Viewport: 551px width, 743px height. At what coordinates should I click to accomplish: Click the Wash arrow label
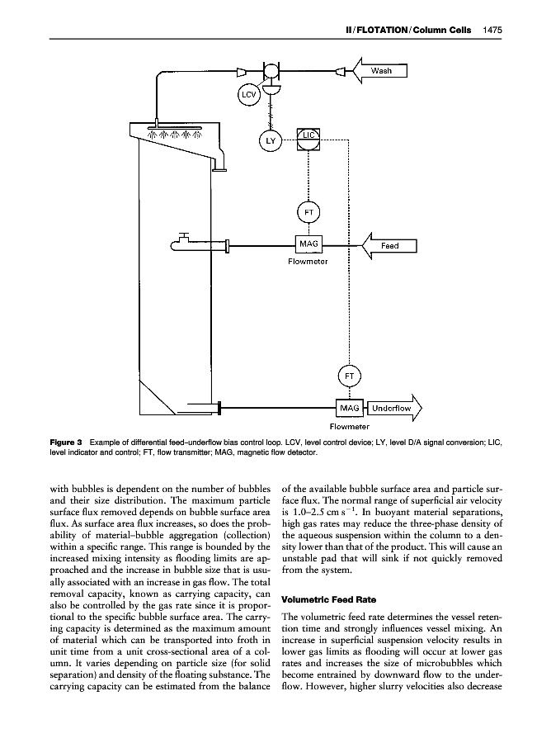[382, 71]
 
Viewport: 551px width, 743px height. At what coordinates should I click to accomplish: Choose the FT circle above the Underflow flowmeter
[350, 376]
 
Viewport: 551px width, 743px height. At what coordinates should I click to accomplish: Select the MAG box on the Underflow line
[350, 408]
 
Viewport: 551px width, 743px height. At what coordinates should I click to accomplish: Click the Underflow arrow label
[391, 408]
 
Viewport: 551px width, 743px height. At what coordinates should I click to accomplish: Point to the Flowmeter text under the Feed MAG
[308, 262]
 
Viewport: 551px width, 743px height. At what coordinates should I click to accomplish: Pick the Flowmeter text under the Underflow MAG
[350, 426]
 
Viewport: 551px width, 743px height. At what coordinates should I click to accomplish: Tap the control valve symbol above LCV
[270, 72]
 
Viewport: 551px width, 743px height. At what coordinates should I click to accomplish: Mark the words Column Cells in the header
[450, 31]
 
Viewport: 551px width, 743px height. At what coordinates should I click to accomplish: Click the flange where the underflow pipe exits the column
[220, 407]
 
